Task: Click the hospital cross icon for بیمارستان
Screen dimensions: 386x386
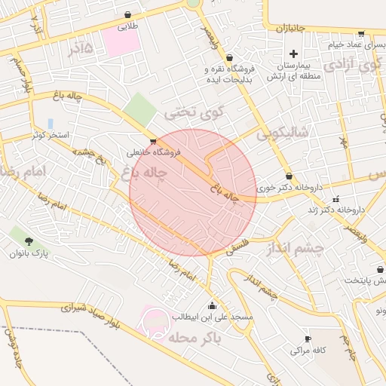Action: click(x=294, y=54)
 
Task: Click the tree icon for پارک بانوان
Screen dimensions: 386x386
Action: click(x=29, y=241)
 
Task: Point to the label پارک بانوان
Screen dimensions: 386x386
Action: click(x=29, y=254)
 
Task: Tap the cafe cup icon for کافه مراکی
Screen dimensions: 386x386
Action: click(x=308, y=339)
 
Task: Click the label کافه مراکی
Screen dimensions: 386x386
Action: click(x=308, y=351)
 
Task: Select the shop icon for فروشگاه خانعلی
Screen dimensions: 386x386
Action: click(x=154, y=141)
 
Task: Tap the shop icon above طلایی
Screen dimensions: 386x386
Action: click(x=127, y=14)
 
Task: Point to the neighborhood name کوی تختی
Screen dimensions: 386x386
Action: click(x=195, y=114)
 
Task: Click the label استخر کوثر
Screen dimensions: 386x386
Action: click(x=50, y=135)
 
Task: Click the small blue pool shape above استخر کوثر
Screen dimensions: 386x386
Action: click(x=51, y=123)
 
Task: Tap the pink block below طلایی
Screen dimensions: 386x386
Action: click(x=121, y=42)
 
